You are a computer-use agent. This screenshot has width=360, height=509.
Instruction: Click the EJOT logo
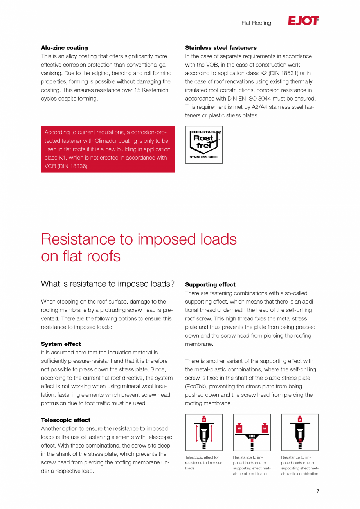pyautogui.click(x=303, y=21)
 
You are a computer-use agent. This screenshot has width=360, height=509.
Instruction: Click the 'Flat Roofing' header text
pyautogui.click(x=256, y=23)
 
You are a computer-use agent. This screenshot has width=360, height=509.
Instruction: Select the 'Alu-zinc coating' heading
pyautogui.click(x=65, y=48)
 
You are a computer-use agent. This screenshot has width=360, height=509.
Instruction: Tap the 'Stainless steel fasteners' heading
pyautogui.click(x=221, y=48)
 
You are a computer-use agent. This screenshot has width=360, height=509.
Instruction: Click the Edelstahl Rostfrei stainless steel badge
pyautogui.click(x=204, y=144)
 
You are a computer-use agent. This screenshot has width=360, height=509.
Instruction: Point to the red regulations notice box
pyautogui.click(x=108, y=149)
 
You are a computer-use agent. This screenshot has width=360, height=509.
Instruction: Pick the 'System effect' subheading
pyautogui.click(x=61, y=344)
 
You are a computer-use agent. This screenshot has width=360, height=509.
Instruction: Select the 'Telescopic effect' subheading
pyautogui.click(x=66, y=420)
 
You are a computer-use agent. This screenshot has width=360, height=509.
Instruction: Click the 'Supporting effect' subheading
pyautogui.click(x=210, y=285)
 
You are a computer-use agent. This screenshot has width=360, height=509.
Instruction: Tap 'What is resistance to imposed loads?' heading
pyautogui.click(x=108, y=284)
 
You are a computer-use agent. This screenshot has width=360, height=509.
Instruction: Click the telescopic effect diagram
pyautogui.click(x=204, y=432)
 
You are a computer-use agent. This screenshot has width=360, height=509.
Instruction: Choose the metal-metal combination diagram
pyautogui.click(x=252, y=432)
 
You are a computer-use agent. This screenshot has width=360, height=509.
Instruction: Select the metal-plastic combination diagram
pyautogui.click(x=300, y=432)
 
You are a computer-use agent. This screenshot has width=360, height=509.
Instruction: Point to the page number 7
pyautogui.click(x=318, y=491)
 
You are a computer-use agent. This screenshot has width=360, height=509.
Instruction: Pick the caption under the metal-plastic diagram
pyautogui.click(x=300, y=465)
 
